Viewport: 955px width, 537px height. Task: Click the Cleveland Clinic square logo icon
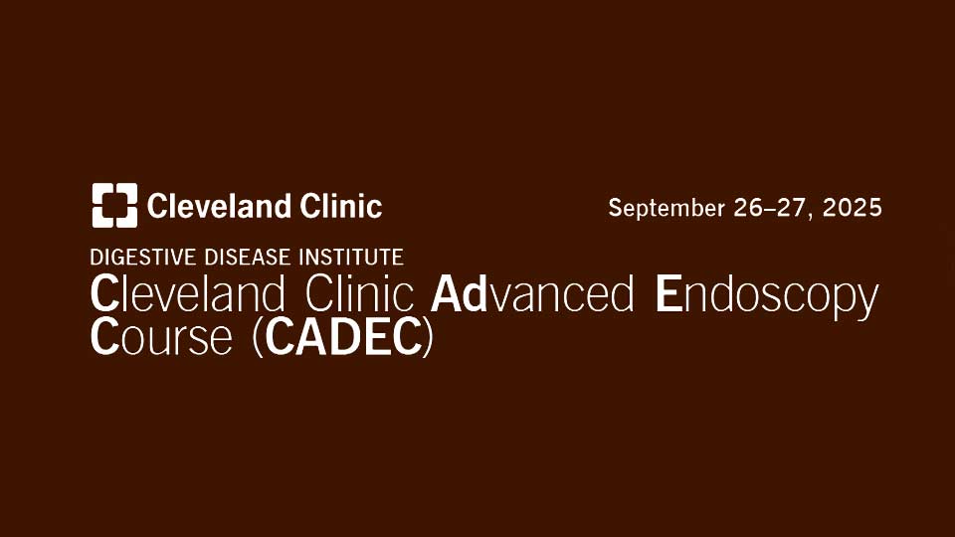point(114,205)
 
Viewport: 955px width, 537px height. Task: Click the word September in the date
point(667,209)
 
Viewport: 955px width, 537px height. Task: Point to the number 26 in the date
point(749,208)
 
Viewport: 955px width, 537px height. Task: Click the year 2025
point(853,208)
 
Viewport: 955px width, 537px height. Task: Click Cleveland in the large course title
point(188,294)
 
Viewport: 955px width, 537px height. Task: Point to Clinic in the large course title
point(360,294)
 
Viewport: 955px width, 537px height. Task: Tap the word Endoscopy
point(767,298)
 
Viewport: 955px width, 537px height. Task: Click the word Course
point(161,337)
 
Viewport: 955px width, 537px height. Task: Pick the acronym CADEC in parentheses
point(344,337)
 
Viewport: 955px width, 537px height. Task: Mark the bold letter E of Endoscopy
point(668,294)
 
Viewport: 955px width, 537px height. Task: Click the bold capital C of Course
point(104,337)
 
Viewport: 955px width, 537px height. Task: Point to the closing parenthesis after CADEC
point(429,338)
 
